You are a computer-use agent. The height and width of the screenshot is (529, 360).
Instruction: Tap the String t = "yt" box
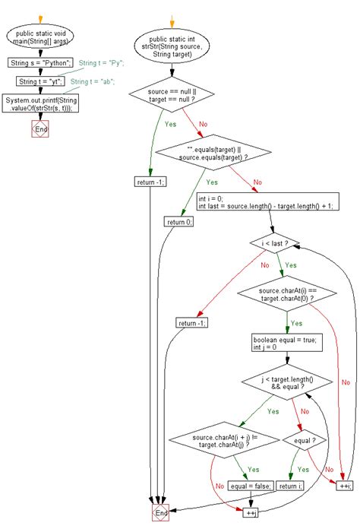[x=37, y=81]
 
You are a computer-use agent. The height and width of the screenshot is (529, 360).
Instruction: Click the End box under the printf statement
[x=40, y=129]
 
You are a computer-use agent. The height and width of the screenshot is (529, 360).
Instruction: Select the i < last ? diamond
[x=275, y=243]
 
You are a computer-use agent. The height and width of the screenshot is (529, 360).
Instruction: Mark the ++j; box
[x=252, y=513]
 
